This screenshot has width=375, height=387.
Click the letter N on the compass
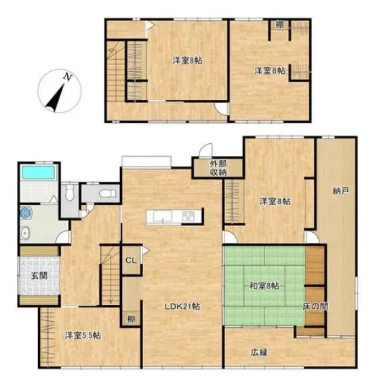[67, 77]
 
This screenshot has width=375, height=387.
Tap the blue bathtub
[38, 172]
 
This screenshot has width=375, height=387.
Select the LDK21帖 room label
[182, 306]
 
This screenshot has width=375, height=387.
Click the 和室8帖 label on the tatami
[264, 286]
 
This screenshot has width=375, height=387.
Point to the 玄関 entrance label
[39, 276]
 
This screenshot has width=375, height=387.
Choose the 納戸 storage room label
[340, 191]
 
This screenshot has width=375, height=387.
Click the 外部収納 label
[218, 168]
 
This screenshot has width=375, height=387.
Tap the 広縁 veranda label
[259, 352]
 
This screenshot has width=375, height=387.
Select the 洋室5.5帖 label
[83, 335]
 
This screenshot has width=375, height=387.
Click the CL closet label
[131, 260]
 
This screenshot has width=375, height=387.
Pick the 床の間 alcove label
[315, 306]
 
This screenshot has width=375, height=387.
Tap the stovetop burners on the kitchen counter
[189, 217]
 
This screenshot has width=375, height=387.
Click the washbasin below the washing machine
[25, 234]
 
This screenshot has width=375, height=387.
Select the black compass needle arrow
[56, 98]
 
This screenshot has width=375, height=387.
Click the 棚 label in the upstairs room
[279, 24]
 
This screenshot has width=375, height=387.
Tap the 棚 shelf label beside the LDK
[131, 319]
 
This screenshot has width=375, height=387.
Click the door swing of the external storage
[205, 150]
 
